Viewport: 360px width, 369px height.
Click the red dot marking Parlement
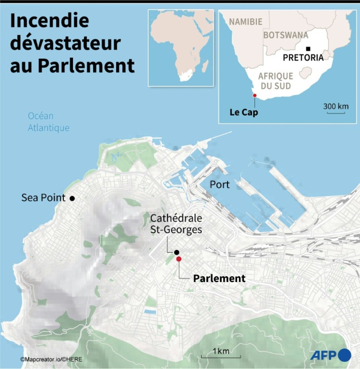[179, 259]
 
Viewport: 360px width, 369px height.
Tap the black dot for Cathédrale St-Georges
[176, 252]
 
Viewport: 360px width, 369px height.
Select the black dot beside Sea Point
[72, 198]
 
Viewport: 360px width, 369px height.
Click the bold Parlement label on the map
[219, 278]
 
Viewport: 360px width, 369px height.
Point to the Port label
[219, 185]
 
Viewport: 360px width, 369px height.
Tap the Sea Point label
[43, 198]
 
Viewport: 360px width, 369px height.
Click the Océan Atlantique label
[49, 122]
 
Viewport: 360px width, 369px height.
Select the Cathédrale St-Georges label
[176, 224]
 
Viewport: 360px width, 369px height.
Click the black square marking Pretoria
[308, 49]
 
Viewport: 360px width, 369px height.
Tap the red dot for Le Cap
[255, 95]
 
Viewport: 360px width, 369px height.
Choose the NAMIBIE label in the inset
[246, 22]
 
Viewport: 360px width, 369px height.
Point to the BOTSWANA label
[286, 35]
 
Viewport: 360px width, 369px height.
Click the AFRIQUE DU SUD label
[276, 81]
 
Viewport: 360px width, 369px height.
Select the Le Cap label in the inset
[244, 112]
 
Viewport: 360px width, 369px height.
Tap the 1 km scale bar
[221, 356]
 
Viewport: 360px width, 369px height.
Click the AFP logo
[331, 355]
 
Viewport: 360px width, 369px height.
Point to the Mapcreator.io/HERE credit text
[51, 359]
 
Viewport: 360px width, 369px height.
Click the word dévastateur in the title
[65, 43]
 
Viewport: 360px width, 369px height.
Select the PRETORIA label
[303, 57]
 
